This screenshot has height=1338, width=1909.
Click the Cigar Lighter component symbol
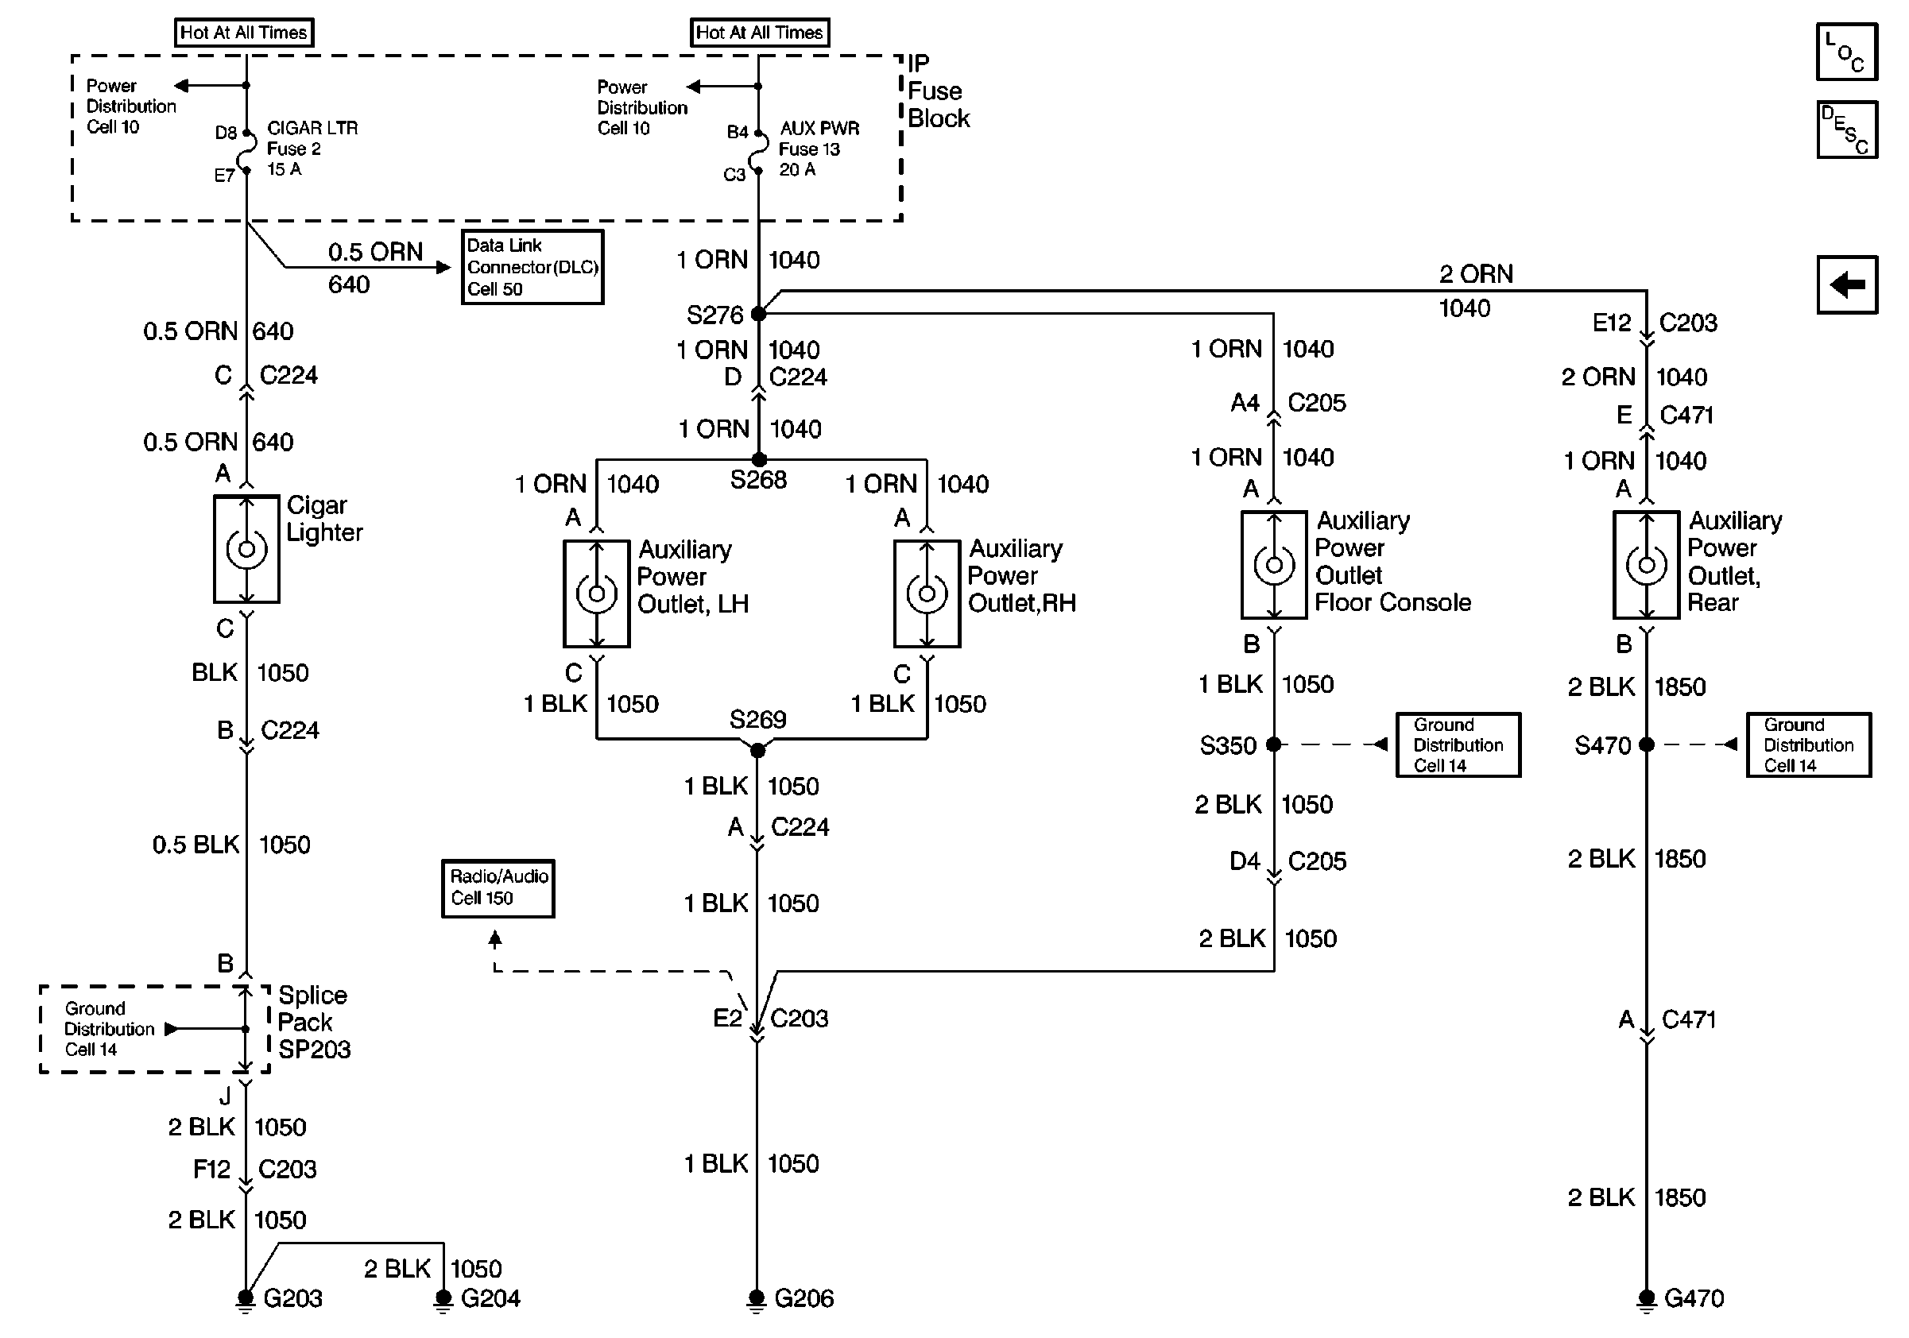pos(246,549)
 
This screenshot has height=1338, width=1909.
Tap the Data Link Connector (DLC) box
pos(532,267)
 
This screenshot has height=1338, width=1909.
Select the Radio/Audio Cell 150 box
pos(498,887)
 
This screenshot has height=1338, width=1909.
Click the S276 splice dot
pos(758,313)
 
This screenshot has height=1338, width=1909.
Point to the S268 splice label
pos(757,480)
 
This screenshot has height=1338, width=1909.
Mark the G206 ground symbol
pos(757,1298)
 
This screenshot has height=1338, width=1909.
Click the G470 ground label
pos(1694,1298)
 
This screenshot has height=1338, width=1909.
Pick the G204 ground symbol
pos(444,1298)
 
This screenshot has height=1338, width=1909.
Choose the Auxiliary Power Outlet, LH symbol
pos(596,594)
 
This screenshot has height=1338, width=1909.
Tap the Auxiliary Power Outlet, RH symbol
pos(927,594)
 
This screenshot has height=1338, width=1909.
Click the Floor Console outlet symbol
pos(1274,565)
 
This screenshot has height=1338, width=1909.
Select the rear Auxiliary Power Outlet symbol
pos(1646,565)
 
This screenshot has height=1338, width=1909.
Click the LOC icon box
pos(1845,52)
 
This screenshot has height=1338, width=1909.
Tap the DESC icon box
pos(1845,130)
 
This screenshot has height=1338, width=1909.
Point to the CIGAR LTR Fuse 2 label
pos(311,149)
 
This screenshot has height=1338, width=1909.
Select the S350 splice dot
pos(1274,744)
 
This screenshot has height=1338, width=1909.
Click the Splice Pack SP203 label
pos(313,1023)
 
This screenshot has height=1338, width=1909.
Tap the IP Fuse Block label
pos(938,91)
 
